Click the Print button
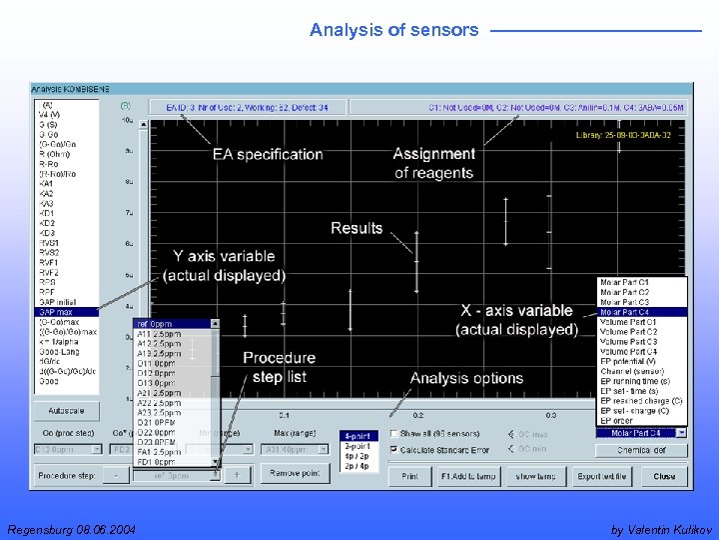(x=409, y=477)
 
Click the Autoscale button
(x=65, y=411)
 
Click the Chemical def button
(x=641, y=450)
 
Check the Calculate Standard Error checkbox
(x=393, y=450)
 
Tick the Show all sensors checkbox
(x=393, y=433)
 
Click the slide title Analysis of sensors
(x=393, y=30)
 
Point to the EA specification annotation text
(x=267, y=154)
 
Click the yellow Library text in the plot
(x=630, y=134)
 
